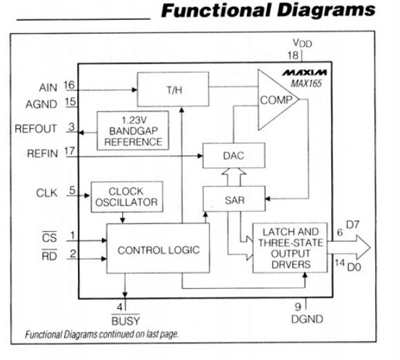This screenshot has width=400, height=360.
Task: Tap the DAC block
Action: click(233, 156)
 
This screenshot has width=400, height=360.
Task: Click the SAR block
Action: click(233, 199)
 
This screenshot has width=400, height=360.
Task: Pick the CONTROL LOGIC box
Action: click(158, 250)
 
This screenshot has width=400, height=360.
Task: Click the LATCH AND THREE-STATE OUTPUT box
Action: click(281, 248)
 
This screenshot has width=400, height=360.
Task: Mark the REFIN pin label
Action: click(44, 154)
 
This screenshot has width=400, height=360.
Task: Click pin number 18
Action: click(293, 55)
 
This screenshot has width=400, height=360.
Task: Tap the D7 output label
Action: click(352, 226)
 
